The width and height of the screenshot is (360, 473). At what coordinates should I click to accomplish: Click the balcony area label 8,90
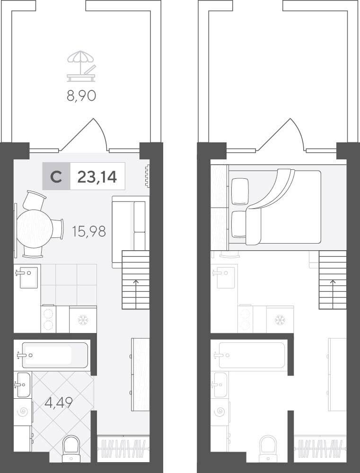tap(81, 96)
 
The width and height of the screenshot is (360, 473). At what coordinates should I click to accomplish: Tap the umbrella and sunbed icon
tap(81, 66)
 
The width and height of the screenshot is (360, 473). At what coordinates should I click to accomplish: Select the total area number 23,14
tap(97, 177)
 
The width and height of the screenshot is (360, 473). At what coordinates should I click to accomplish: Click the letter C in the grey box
tap(56, 177)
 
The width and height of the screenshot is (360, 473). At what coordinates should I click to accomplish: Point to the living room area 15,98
tap(89, 231)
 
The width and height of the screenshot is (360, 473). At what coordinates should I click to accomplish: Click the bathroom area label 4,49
tap(59, 402)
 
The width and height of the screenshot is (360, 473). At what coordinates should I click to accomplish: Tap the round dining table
tap(35, 228)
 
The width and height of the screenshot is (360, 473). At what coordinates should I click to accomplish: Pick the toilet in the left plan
tap(71, 448)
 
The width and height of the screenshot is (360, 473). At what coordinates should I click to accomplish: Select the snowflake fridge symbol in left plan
tap(82, 320)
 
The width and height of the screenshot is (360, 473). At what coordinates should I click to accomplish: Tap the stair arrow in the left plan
tap(136, 294)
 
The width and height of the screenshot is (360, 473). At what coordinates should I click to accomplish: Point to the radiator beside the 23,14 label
tap(147, 175)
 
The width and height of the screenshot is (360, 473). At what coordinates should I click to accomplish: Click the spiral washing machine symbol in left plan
tap(23, 412)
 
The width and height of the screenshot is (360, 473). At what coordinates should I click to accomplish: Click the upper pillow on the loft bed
tap(240, 192)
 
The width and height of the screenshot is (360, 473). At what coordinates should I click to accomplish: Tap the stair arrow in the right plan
tap(333, 294)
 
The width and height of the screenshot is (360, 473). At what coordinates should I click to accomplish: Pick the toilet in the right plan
tap(268, 448)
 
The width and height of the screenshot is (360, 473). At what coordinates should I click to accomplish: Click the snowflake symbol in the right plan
tap(280, 320)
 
